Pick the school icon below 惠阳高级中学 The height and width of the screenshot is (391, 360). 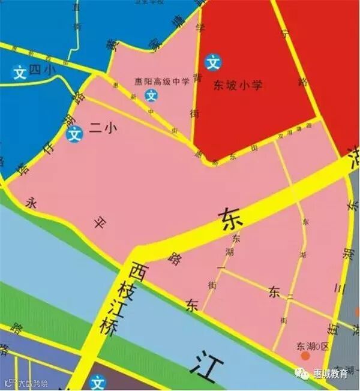(x=152, y=95)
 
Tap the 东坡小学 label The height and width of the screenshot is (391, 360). (x=238, y=86)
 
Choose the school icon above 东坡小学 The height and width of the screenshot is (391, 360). (x=212, y=62)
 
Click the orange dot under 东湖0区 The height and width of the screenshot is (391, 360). (x=305, y=357)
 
